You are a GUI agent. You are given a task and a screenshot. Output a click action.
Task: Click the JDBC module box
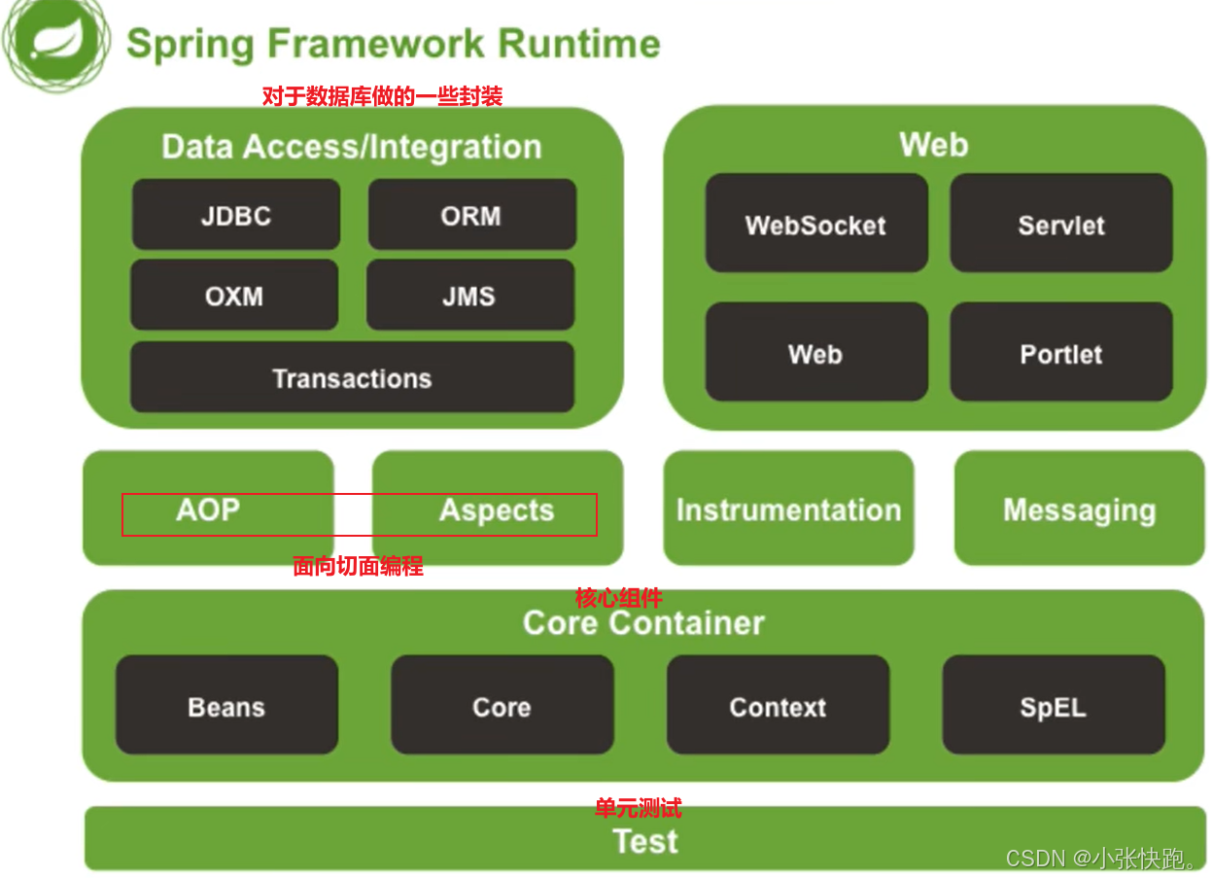point(236,214)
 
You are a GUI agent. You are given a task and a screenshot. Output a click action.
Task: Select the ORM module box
point(471,214)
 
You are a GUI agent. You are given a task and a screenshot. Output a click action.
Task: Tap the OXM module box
point(234,295)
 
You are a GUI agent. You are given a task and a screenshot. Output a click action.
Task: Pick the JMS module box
point(470,295)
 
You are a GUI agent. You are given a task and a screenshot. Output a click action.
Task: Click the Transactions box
point(352,377)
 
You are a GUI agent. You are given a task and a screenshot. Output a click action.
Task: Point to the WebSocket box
point(816,223)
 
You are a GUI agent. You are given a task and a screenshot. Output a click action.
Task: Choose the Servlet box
point(1061,223)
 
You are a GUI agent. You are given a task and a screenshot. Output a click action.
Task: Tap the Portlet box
point(1061,352)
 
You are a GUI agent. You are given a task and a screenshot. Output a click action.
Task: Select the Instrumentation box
point(789,509)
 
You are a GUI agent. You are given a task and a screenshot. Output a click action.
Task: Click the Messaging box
point(1080,509)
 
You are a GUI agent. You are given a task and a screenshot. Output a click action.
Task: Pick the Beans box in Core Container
point(226,705)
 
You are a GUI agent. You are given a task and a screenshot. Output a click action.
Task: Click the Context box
point(779,705)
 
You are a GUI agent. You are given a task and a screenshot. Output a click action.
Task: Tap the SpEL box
point(1054,705)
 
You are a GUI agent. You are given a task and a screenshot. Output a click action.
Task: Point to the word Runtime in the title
point(579,44)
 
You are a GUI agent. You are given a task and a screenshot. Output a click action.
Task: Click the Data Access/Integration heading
point(352,147)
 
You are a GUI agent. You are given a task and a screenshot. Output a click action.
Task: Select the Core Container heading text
point(643,622)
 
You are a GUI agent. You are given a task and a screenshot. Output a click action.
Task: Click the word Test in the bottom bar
point(645,841)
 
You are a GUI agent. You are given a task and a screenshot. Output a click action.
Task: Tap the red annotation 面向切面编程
point(358,566)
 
